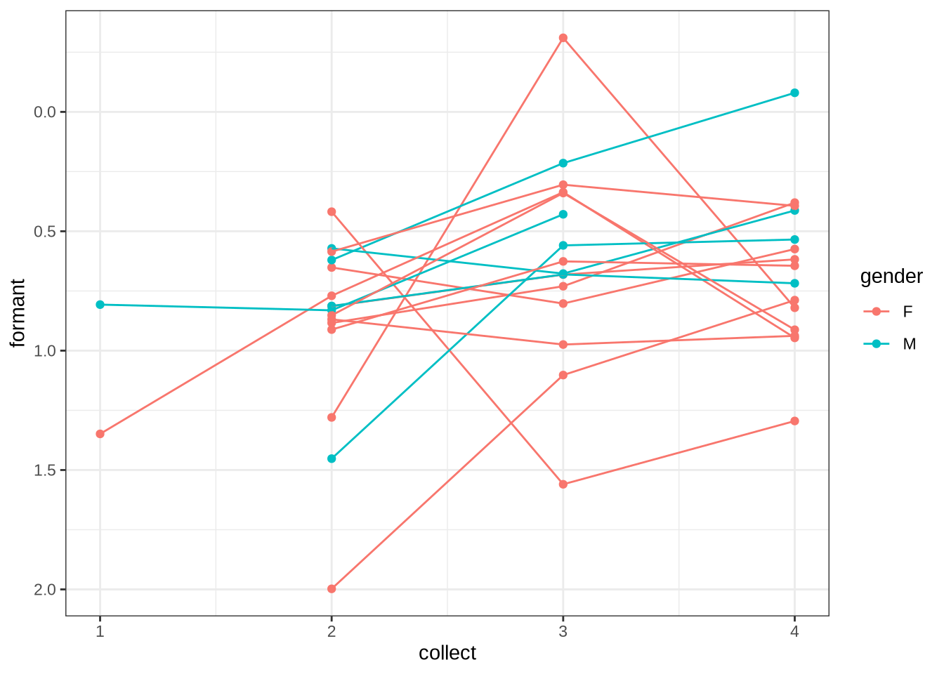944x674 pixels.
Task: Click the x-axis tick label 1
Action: [100, 631]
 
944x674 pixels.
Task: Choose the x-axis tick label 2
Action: [332, 631]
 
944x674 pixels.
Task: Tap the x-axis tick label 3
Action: [563, 631]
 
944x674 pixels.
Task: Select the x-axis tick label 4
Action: [794, 631]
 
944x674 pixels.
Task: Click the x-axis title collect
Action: [447, 653]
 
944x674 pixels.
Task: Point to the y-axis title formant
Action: [18, 313]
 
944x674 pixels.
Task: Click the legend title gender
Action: [891, 277]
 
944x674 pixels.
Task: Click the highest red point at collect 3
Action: [563, 38]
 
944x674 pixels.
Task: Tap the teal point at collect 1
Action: [100, 305]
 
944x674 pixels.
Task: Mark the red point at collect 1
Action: [100, 434]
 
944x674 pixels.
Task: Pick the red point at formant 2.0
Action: [332, 589]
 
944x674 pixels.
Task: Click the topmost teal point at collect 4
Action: [794, 93]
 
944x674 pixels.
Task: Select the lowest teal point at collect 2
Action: [332, 458]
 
